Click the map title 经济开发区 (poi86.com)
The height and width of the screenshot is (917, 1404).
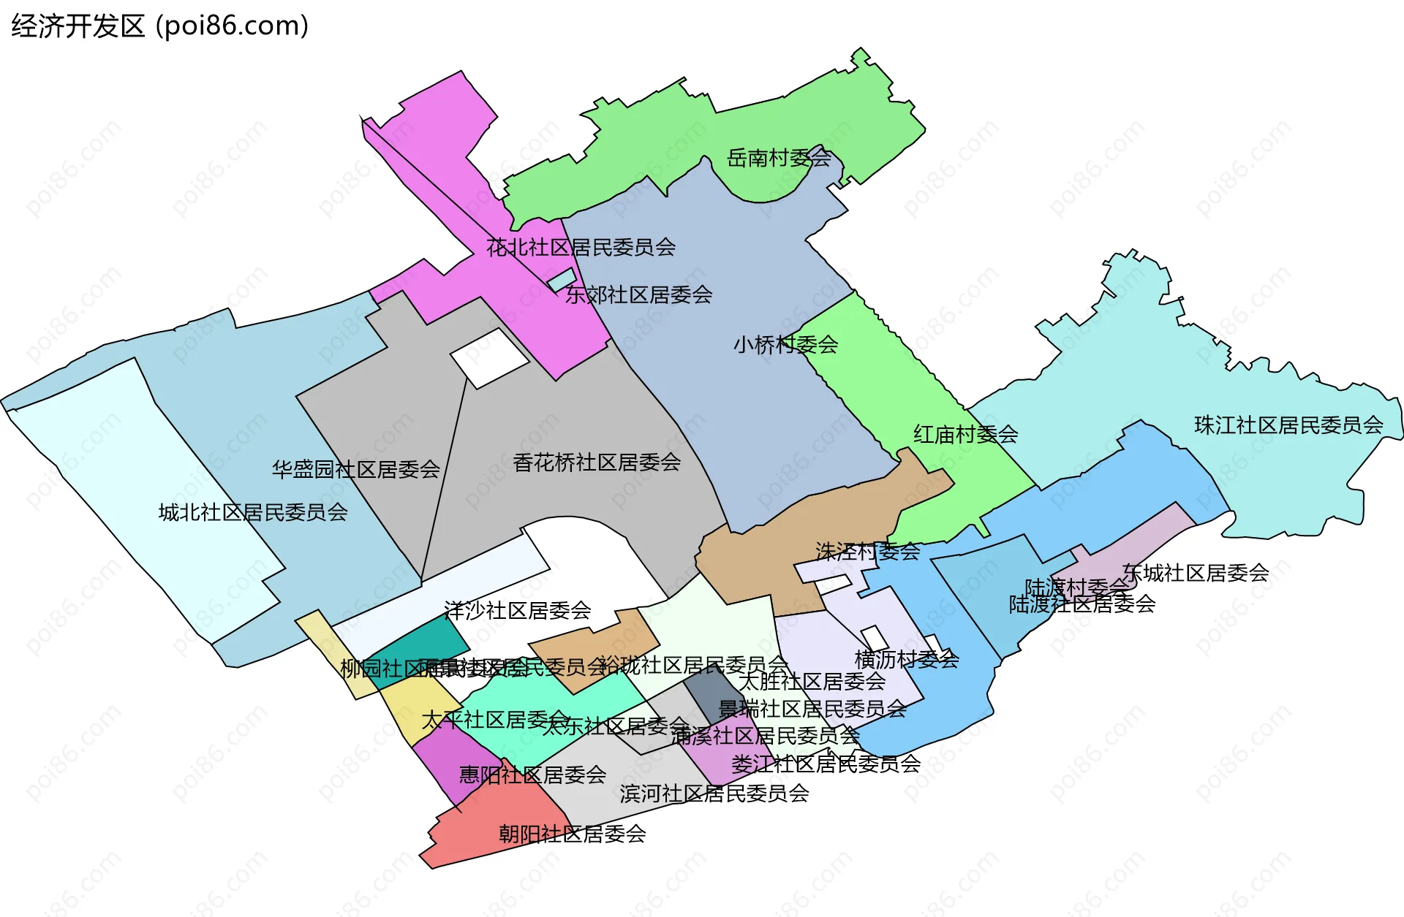[x=159, y=26]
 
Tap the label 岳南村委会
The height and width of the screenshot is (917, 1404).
[x=779, y=158]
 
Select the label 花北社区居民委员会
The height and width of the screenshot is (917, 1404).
[x=581, y=247]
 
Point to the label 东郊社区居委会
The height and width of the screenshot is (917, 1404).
[x=638, y=294]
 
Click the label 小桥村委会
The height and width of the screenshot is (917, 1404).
[x=785, y=344]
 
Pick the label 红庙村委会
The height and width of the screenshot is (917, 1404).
[x=965, y=435]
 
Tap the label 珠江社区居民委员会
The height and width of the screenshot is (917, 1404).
[x=1288, y=425]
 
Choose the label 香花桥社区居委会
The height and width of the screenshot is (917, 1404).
[x=597, y=462]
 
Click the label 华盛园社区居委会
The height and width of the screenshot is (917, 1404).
[x=355, y=469]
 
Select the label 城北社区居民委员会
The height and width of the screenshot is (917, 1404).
[x=253, y=512]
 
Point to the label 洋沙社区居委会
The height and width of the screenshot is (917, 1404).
[x=517, y=610]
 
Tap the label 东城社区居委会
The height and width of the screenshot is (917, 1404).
[x=1196, y=573]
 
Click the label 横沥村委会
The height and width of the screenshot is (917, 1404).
[x=907, y=660]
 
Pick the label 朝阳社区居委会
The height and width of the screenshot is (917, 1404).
[x=572, y=834]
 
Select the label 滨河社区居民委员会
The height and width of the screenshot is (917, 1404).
[x=714, y=794]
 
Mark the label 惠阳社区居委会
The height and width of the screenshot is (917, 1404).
[x=532, y=775]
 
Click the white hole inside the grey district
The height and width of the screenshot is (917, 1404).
[x=489, y=358]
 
